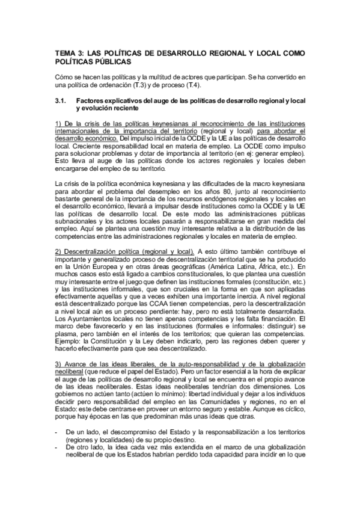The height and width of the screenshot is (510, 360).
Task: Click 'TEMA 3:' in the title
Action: (x=67, y=53)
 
